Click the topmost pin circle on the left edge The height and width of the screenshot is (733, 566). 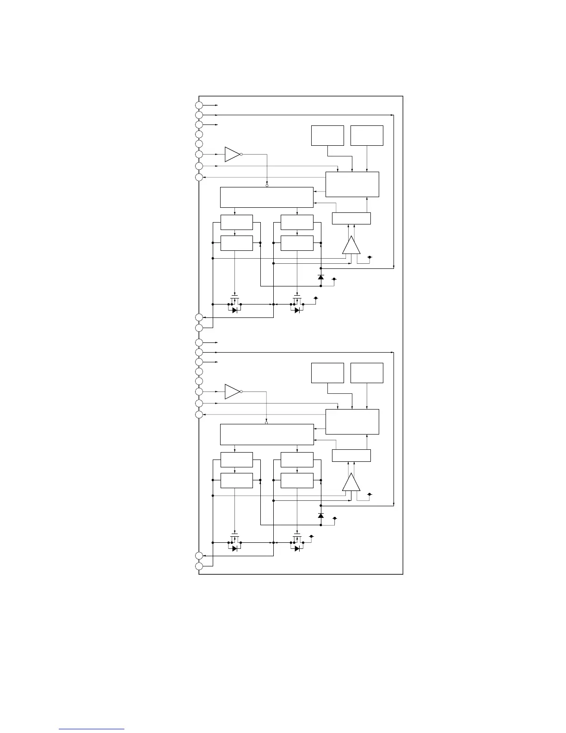[x=199, y=106]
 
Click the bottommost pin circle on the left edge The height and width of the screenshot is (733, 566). [x=199, y=566]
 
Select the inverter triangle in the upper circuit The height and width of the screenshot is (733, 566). [x=232, y=155]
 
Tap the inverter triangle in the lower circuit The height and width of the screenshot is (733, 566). [x=232, y=391]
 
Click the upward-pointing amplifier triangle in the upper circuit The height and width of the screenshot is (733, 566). [x=351, y=246]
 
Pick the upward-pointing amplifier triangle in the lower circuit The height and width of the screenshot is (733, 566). [x=351, y=483]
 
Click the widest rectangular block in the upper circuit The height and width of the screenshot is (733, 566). [x=267, y=198]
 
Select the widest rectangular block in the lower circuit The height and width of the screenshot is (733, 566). [x=267, y=435]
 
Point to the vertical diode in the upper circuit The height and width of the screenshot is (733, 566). [x=321, y=277]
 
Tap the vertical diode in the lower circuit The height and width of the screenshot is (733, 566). [x=321, y=516]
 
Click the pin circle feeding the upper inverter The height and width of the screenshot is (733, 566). [x=199, y=155]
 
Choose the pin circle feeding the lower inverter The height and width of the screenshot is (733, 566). [x=199, y=391]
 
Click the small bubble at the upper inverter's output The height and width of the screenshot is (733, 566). [x=241, y=155]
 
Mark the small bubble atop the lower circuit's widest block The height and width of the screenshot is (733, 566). [x=267, y=423]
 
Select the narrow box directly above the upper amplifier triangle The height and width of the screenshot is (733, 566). [x=351, y=218]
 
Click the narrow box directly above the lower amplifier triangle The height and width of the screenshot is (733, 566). [x=351, y=455]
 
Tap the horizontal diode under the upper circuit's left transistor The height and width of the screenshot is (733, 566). [x=235, y=310]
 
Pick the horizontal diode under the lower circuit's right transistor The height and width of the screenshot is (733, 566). [x=297, y=548]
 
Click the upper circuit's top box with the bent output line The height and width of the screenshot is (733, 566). [x=327, y=135]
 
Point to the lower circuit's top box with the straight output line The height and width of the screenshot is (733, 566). [x=367, y=373]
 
